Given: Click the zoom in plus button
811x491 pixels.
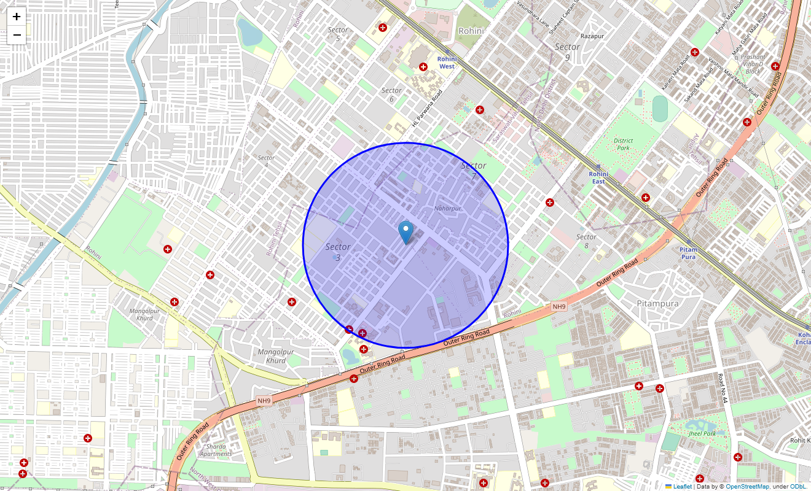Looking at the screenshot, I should (17, 17).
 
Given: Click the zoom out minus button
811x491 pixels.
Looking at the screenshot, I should (17, 35).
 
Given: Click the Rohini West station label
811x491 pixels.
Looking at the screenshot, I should (447, 62).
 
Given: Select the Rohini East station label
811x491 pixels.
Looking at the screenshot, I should (598, 177).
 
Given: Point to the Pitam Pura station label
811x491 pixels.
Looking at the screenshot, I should (688, 253).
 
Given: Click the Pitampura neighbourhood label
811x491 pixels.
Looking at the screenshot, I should (657, 303).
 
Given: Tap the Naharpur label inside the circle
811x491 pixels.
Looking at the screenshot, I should (447, 209).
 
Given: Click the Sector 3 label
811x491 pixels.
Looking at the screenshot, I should (338, 252).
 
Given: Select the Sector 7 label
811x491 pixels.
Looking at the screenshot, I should (473, 170).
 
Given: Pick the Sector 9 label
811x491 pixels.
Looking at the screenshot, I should (567, 52).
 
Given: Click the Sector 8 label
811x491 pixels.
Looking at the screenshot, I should (586, 241).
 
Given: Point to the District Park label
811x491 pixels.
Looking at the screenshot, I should (623, 144).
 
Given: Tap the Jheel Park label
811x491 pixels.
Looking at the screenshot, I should (703, 434).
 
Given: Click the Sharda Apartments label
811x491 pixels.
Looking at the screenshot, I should (216, 450).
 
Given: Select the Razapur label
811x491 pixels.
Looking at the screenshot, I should (592, 36).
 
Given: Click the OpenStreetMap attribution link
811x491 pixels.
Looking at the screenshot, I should (747, 487).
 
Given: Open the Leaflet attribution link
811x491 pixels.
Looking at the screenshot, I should (682, 487).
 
